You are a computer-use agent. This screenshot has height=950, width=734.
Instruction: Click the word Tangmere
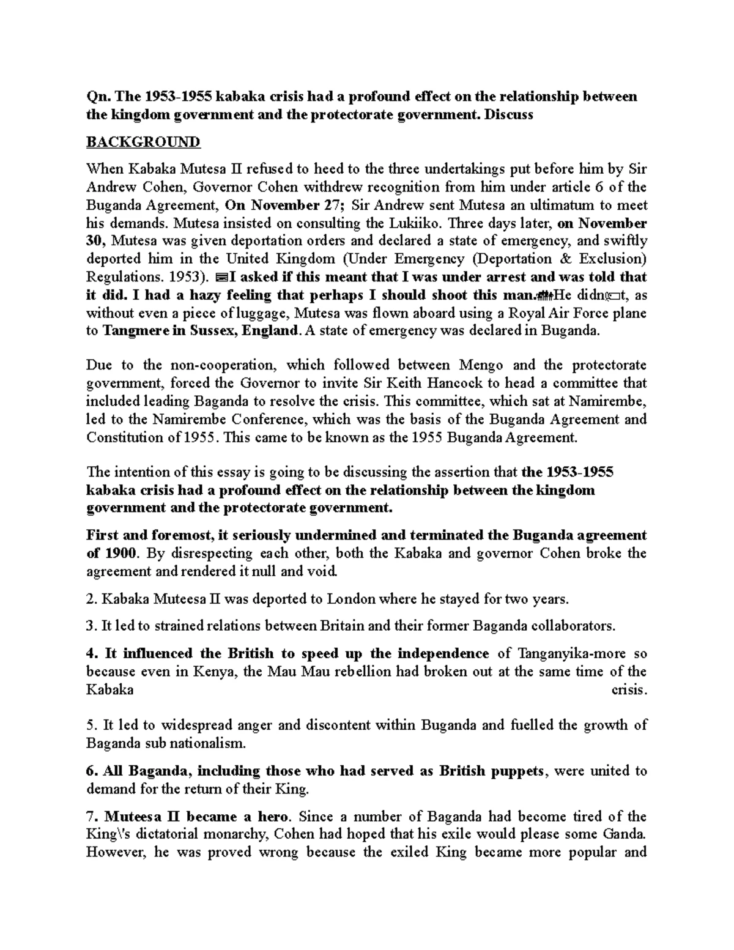coord(133,331)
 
